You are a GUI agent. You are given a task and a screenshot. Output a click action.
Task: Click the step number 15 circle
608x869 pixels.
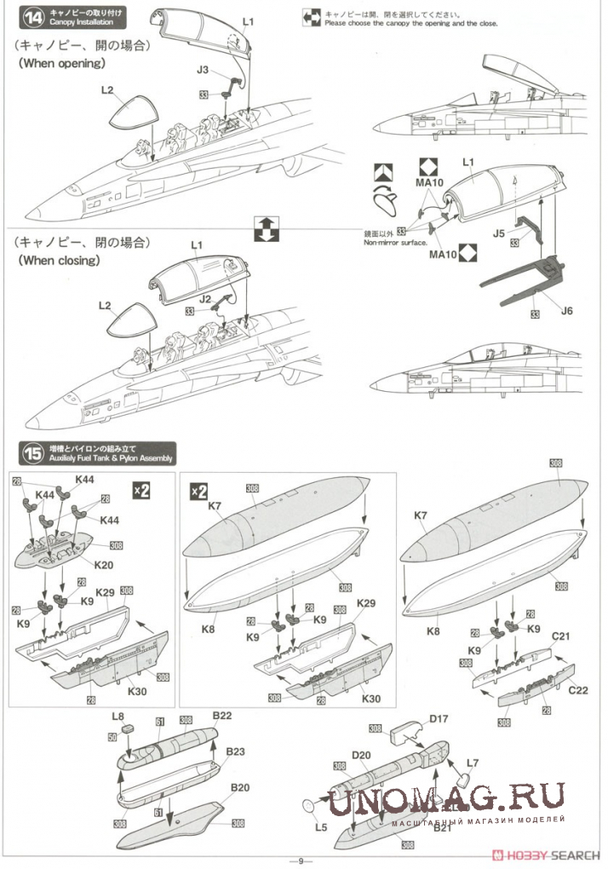pyautogui.click(x=32, y=453)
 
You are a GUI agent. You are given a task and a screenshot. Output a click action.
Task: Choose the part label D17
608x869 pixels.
pyautogui.click(x=439, y=720)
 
